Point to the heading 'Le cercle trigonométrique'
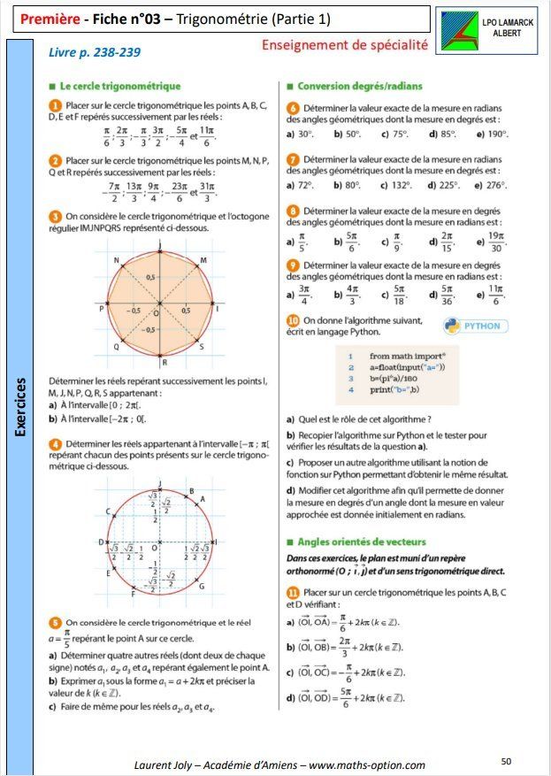click(119, 87)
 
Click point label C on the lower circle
click(108, 512)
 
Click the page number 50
click(506, 760)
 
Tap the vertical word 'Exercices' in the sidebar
click(20, 408)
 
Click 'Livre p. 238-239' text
click(96, 52)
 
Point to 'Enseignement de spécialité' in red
click(345, 44)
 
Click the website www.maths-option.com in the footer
click(366, 764)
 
